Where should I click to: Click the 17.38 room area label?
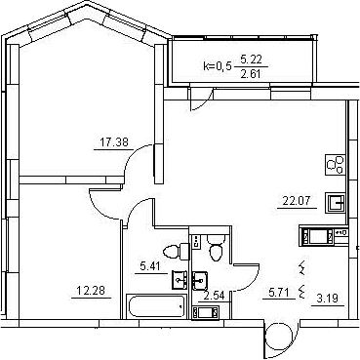pyautogui.click(x=113, y=142)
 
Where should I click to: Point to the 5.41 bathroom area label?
pyautogui.click(x=150, y=266)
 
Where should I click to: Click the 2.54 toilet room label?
pyautogui.click(x=214, y=296)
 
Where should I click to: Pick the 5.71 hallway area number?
pyautogui.click(x=278, y=291)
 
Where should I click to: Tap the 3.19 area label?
pyautogui.click(x=328, y=299)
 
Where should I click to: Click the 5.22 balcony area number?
pyautogui.click(x=251, y=60)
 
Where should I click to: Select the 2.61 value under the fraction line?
pyautogui.click(x=251, y=74)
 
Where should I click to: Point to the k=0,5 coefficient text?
pyautogui.click(x=218, y=66)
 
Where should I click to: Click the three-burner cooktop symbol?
pyautogui.click(x=336, y=164)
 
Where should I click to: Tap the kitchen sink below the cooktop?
pyautogui.click(x=336, y=203)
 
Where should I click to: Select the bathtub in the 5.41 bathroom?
pyautogui.click(x=156, y=305)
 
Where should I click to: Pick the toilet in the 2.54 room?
pyautogui.click(x=216, y=247)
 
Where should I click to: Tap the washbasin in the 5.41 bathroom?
pyautogui.click(x=180, y=280)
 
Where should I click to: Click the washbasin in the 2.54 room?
pyautogui.click(x=199, y=281)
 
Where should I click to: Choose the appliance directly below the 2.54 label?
pyautogui.click(x=206, y=313)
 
